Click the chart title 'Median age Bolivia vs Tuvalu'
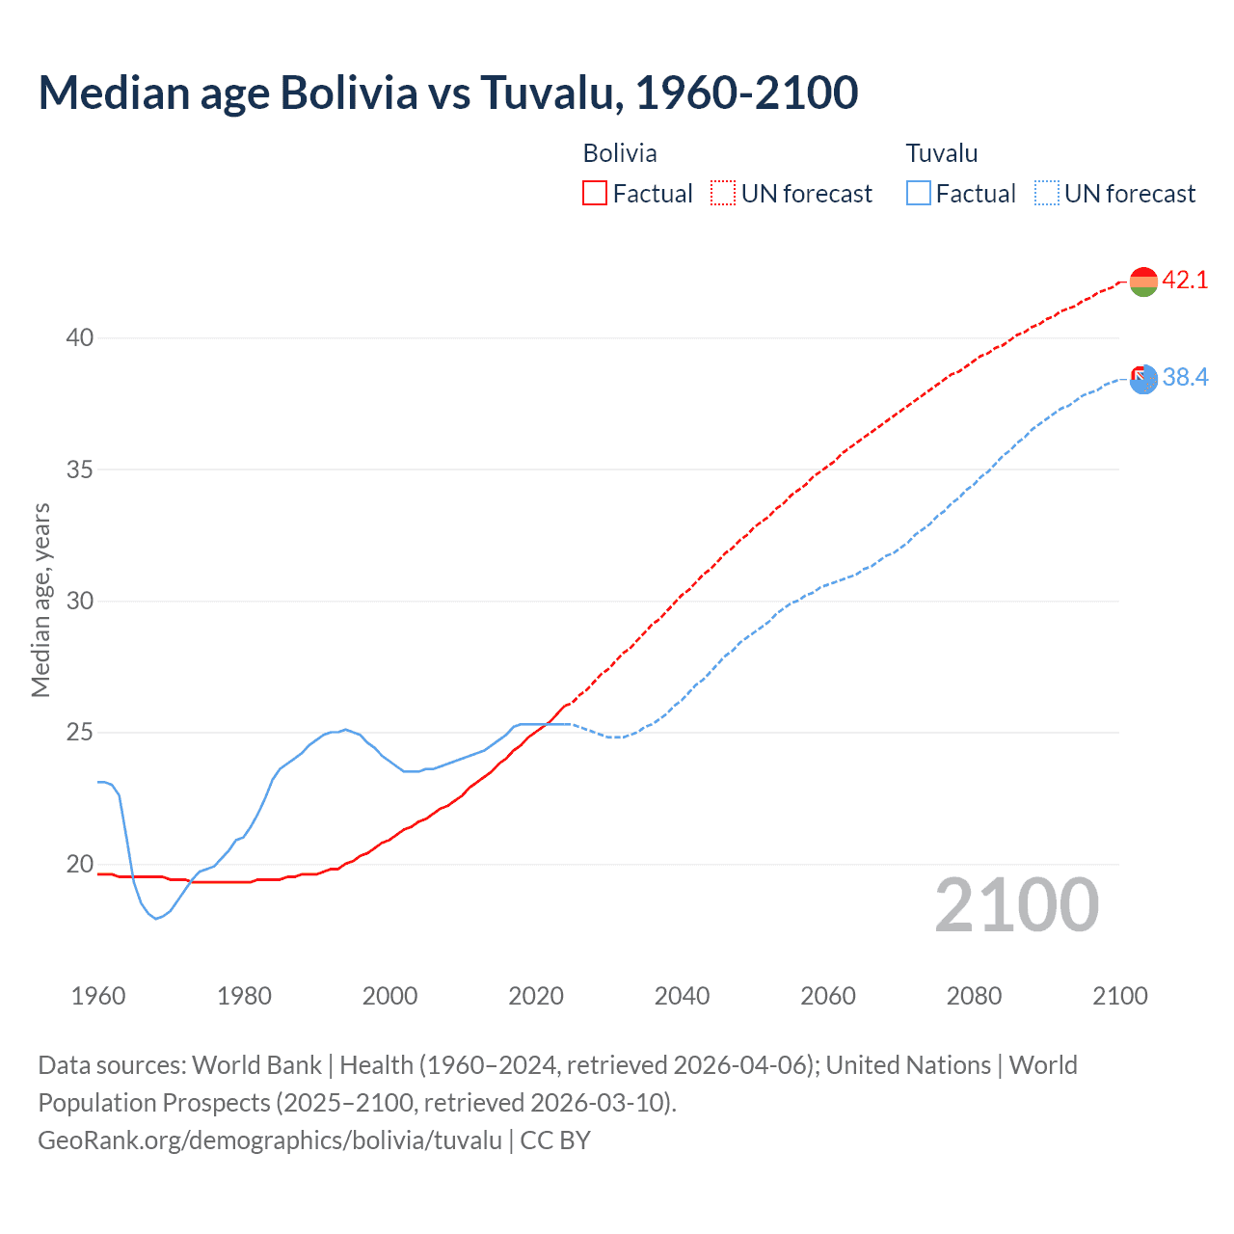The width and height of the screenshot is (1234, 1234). [447, 94]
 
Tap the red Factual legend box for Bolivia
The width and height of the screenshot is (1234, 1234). [595, 194]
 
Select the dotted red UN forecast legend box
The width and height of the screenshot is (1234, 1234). [723, 194]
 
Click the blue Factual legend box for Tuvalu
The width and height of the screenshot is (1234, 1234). [919, 194]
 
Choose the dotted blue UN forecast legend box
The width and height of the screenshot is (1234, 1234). [1047, 194]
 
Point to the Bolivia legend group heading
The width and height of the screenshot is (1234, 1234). [620, 153]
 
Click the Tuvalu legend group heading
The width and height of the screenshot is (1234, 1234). [942, 153]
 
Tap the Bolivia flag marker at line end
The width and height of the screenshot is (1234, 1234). [1143, 282]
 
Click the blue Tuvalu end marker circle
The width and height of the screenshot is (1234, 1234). [1144, 380]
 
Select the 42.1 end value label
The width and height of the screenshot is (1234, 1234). [1185, 281]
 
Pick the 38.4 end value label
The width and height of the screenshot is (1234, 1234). [1185, 378]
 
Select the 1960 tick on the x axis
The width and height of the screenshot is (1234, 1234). [98, 996]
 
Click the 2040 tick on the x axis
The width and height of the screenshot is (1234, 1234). [682, 996]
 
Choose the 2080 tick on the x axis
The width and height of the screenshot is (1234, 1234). [974, 996]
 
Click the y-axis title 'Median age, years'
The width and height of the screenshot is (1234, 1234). [40, 600]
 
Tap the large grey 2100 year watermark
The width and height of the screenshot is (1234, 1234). [1016, 905]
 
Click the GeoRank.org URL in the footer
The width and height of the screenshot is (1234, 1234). [270, 1140]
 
